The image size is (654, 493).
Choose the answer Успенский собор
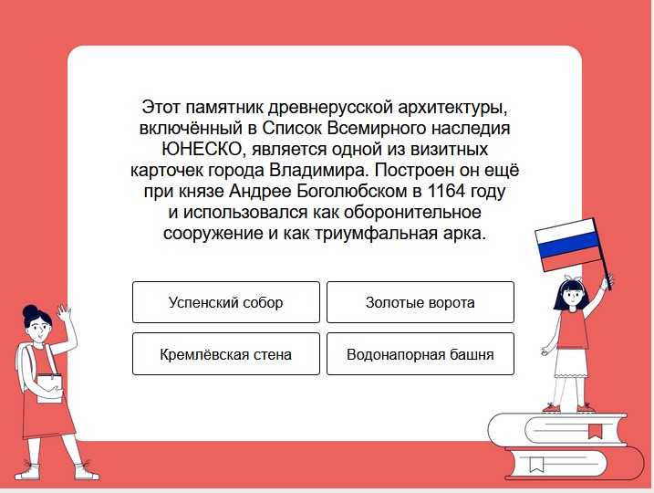(x=226, y=302)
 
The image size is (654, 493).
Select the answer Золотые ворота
(x=420, y=302)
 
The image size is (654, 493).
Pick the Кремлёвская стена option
(x=226, y=354)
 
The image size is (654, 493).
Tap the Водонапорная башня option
(x=420, y=354)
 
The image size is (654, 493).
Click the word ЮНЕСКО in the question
(x=202, y=150)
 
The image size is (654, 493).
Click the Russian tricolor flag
(x=567, y=245)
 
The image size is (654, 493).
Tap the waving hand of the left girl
(x=65, y=313)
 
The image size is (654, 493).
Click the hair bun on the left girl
(x=30, y=311)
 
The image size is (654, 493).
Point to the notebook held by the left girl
(x=49, y=389)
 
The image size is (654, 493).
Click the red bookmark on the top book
(x=596, y=430)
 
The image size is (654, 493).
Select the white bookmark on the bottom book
(x=536, y=464)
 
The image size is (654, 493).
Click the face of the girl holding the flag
(x=571, y=295)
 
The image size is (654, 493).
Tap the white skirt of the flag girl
(x=571, y=362)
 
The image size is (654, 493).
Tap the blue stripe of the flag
(x=567, y=245)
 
